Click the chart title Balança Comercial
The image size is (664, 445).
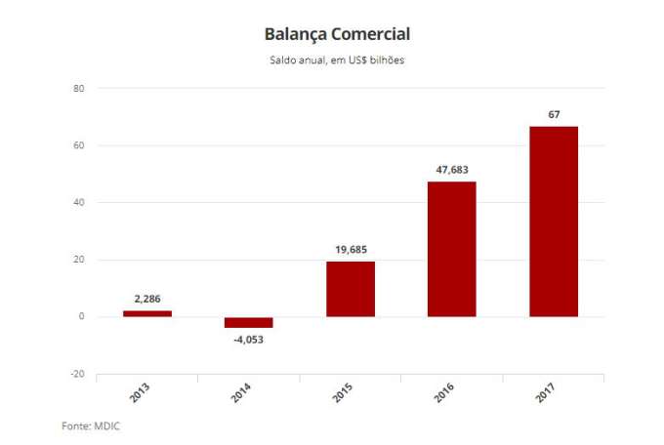coord(337,34)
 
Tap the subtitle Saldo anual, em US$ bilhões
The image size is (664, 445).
coord(337,61)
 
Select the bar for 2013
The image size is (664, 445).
coord(147,313)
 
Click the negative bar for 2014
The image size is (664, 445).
coord(249,322)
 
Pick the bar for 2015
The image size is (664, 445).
coord(351,289)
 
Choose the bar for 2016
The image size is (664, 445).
coord(452,249)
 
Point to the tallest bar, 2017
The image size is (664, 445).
coord(554,222)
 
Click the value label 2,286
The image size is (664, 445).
coord(147,299)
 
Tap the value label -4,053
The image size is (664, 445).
coord(249,340)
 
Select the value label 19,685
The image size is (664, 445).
coord(351,250)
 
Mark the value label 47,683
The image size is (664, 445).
coord(452,170)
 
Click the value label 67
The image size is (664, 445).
coord(554,115)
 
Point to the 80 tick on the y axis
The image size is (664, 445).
coord(79,89)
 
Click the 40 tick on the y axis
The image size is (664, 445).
coord(79,203)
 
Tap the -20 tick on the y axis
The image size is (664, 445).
coord(77,374)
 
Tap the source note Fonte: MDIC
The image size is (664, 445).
coord(90,425)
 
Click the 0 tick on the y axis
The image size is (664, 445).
coord(82,317)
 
